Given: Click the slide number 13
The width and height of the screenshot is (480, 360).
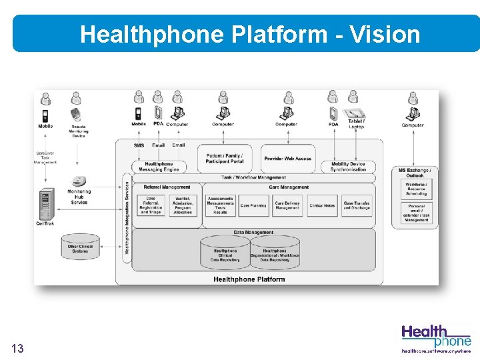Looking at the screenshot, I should [18, 348].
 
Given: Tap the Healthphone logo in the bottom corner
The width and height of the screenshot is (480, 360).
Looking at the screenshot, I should [436, 337].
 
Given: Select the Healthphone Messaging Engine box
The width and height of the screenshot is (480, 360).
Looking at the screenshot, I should [159, 167].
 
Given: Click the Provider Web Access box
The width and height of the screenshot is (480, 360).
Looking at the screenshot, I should [287, 159].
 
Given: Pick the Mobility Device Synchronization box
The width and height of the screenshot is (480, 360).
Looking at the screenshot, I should [348, 167].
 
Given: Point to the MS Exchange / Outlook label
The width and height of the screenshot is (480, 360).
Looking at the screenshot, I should [415, 173].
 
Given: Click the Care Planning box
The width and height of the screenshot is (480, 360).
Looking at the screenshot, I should [253, 205].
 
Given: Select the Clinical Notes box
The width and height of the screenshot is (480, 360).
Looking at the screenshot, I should [322, 205].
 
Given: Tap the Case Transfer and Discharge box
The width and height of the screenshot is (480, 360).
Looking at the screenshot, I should [357, 205].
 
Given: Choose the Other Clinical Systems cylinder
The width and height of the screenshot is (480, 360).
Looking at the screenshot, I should [79, 248].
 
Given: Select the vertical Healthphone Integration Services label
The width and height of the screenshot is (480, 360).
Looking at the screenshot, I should [127, 213].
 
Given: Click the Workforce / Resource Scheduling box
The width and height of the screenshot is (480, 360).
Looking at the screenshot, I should [416, 190].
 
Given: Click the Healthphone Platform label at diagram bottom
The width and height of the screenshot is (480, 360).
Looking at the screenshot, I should [249, 279].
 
